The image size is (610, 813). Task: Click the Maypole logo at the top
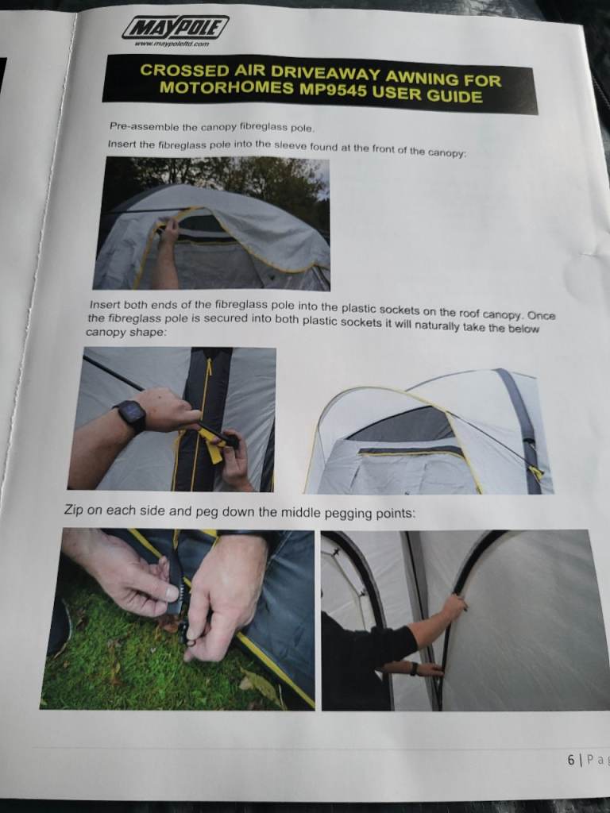[176, 29]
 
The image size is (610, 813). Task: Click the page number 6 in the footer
[570, 759]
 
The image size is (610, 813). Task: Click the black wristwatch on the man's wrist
[129, 415]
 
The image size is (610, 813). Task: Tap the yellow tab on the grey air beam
[536, 472]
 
